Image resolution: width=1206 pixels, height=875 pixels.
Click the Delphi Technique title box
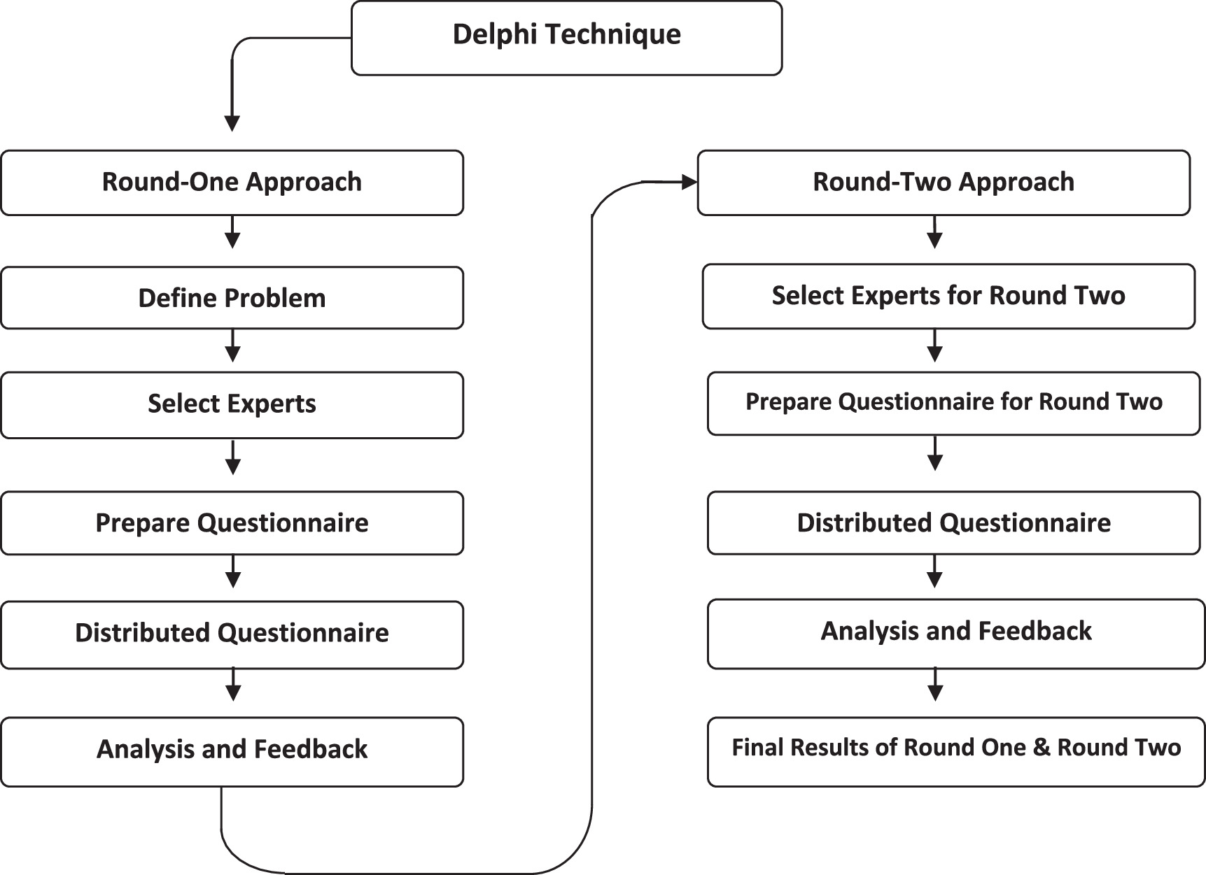tap(566, 38)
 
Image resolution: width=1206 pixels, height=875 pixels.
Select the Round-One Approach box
tap(232, 183)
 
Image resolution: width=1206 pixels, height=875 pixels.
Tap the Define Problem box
tap(232, 298)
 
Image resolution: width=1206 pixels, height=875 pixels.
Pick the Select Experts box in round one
tap(232, 405)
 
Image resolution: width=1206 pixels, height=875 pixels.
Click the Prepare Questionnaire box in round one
tap(232, 523)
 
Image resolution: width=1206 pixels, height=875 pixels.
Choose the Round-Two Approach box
tap(943, 183)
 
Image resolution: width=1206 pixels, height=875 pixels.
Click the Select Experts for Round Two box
tap(948, 296)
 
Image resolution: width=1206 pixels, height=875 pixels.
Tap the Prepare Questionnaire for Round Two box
tap(953, 403)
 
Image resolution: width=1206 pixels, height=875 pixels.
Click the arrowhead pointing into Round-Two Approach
tap(689, 183)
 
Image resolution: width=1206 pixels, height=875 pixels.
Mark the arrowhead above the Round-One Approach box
tap(232, 124)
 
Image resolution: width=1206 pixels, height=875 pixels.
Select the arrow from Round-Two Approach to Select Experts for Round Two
tap(934, 233)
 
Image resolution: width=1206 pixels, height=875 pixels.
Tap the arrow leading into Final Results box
tap(935, 685)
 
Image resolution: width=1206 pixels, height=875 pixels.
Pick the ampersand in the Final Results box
tap(1041, 748)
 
